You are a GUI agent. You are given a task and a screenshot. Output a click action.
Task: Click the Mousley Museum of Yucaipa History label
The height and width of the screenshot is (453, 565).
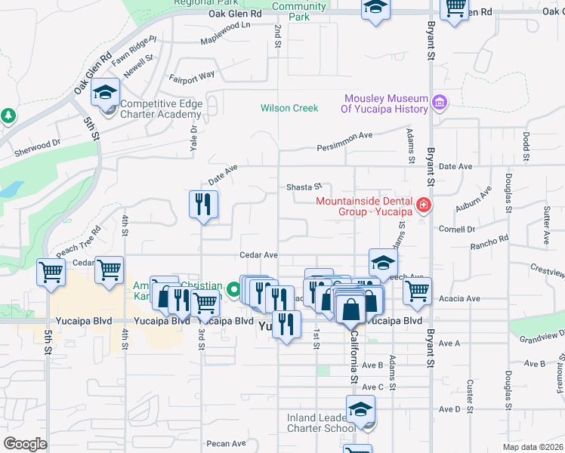point(385,104)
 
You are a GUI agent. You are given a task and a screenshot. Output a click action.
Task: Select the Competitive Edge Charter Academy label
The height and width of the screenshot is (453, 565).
point(161,109)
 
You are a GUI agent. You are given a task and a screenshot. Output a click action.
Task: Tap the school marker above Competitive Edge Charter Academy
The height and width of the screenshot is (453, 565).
point(106,93)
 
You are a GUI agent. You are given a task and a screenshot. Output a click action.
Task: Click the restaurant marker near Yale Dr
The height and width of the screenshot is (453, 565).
point(202,205)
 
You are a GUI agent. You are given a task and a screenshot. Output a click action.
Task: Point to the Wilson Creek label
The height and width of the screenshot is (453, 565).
point(289,108)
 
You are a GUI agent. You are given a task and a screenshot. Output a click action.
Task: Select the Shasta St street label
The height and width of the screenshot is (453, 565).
point(304,186)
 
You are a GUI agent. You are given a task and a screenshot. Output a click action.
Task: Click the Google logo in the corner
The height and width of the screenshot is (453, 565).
point(25,444)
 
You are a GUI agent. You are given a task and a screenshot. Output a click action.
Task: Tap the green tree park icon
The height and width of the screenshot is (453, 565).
point(8,116)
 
